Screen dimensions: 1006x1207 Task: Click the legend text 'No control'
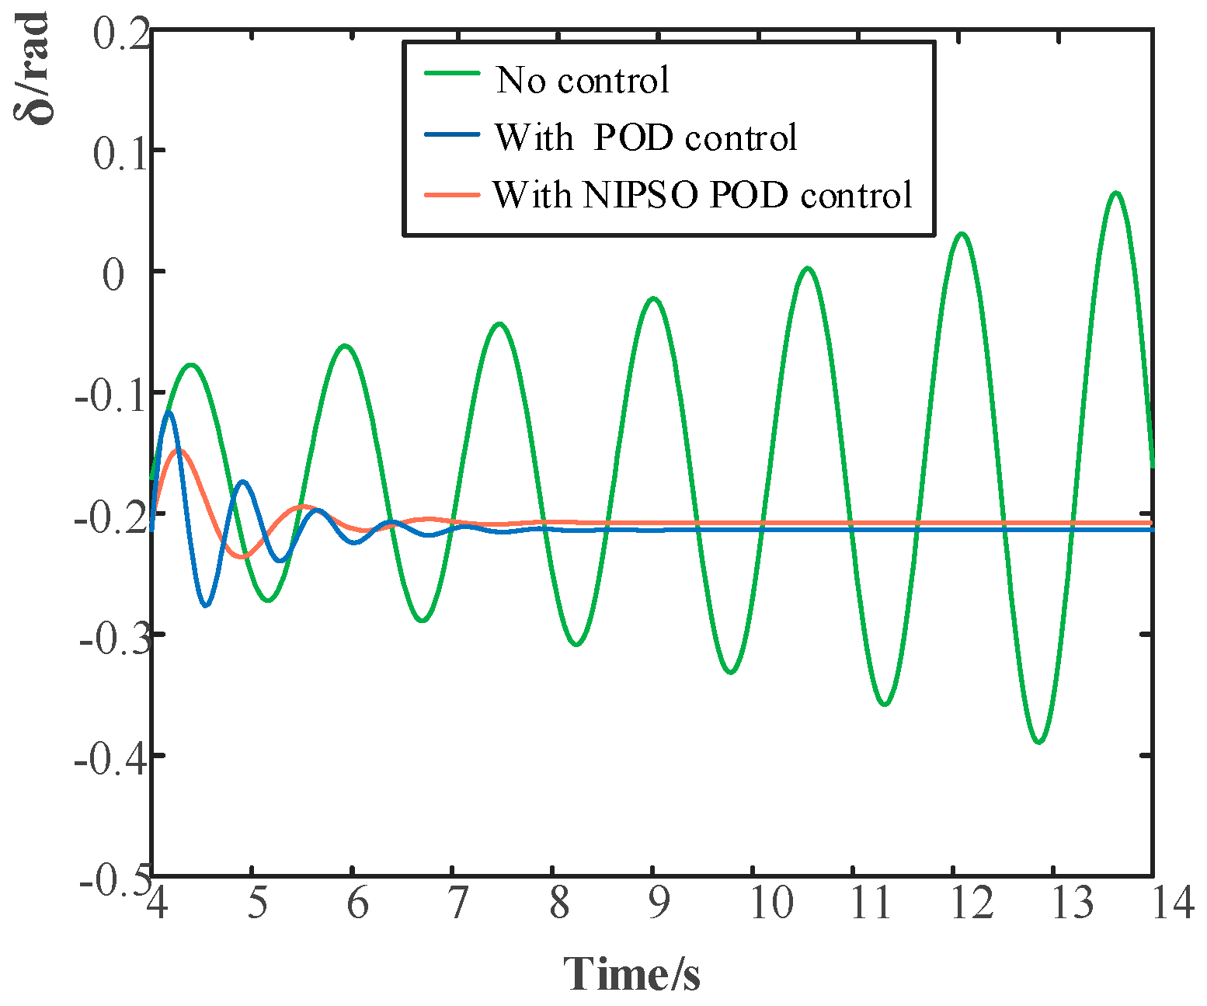tap(583, 80)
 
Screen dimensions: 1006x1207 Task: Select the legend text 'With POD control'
tap(646, 137)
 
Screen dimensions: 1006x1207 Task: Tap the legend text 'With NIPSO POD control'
tap(702, 194)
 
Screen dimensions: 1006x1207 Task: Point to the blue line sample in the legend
tap(452, 134)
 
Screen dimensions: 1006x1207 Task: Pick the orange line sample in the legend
tap(452, 193)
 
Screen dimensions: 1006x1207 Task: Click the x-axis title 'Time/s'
tap(631, 973)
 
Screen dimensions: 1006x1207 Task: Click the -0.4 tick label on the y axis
tap(110, 757)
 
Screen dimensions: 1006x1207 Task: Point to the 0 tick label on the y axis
tap(113, 274)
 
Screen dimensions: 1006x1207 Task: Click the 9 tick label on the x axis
tap(659, 903)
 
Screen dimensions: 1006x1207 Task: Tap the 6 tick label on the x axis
tap(357, 903)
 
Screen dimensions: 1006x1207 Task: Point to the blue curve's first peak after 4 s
tap(169, 412)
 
